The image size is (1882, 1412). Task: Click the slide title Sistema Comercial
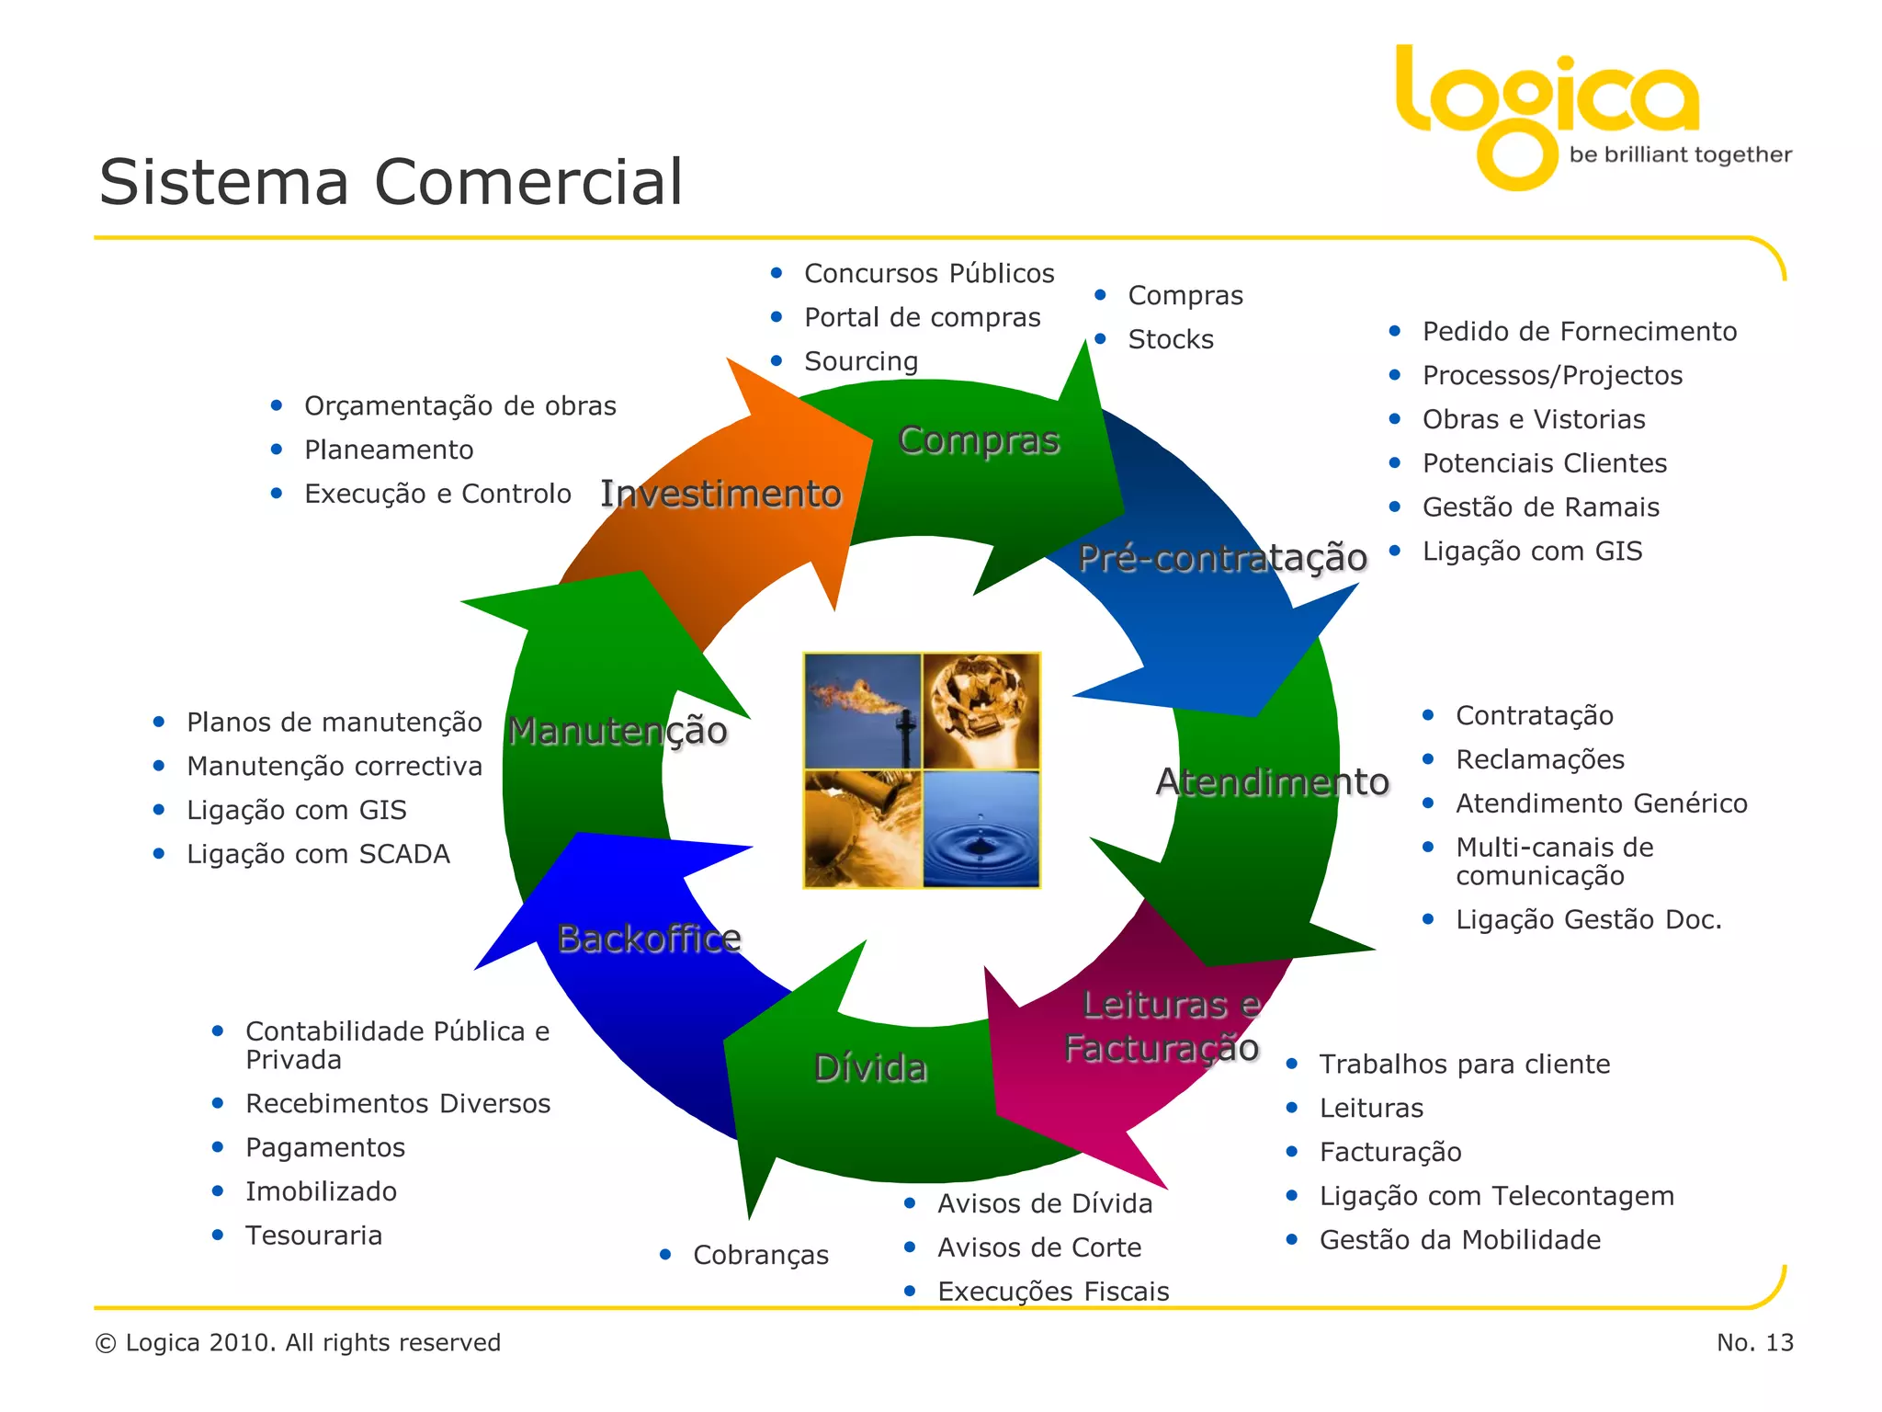pos(391,182)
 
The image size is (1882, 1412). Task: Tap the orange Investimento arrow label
pos(720,495)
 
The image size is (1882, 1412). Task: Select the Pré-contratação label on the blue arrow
pos(1222,558)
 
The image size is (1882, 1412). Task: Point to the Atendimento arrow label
pos(1272,781)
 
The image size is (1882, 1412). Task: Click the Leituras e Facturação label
pos(1163,1026)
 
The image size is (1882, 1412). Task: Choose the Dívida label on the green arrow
pos(870,1068)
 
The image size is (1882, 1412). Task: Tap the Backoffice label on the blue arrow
pos(649,939)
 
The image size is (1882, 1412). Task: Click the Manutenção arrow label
pos(618,731)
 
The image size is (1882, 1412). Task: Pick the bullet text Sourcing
pos(861,361)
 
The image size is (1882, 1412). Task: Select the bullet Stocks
pos(1170,339)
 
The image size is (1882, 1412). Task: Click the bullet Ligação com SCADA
pos(318,854)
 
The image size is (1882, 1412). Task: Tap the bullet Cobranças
pos(760,1255)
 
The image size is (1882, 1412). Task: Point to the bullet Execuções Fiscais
pos(1053,1292)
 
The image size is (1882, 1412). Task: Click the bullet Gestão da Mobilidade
pos(1459,1240)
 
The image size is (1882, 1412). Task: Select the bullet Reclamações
pos(1539,759)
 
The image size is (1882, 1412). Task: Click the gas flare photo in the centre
pos(862,711)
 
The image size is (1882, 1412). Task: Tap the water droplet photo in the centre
pos(981,829)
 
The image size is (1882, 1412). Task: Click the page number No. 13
pos(1754,1343)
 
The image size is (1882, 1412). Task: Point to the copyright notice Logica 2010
pos(299,1343)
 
